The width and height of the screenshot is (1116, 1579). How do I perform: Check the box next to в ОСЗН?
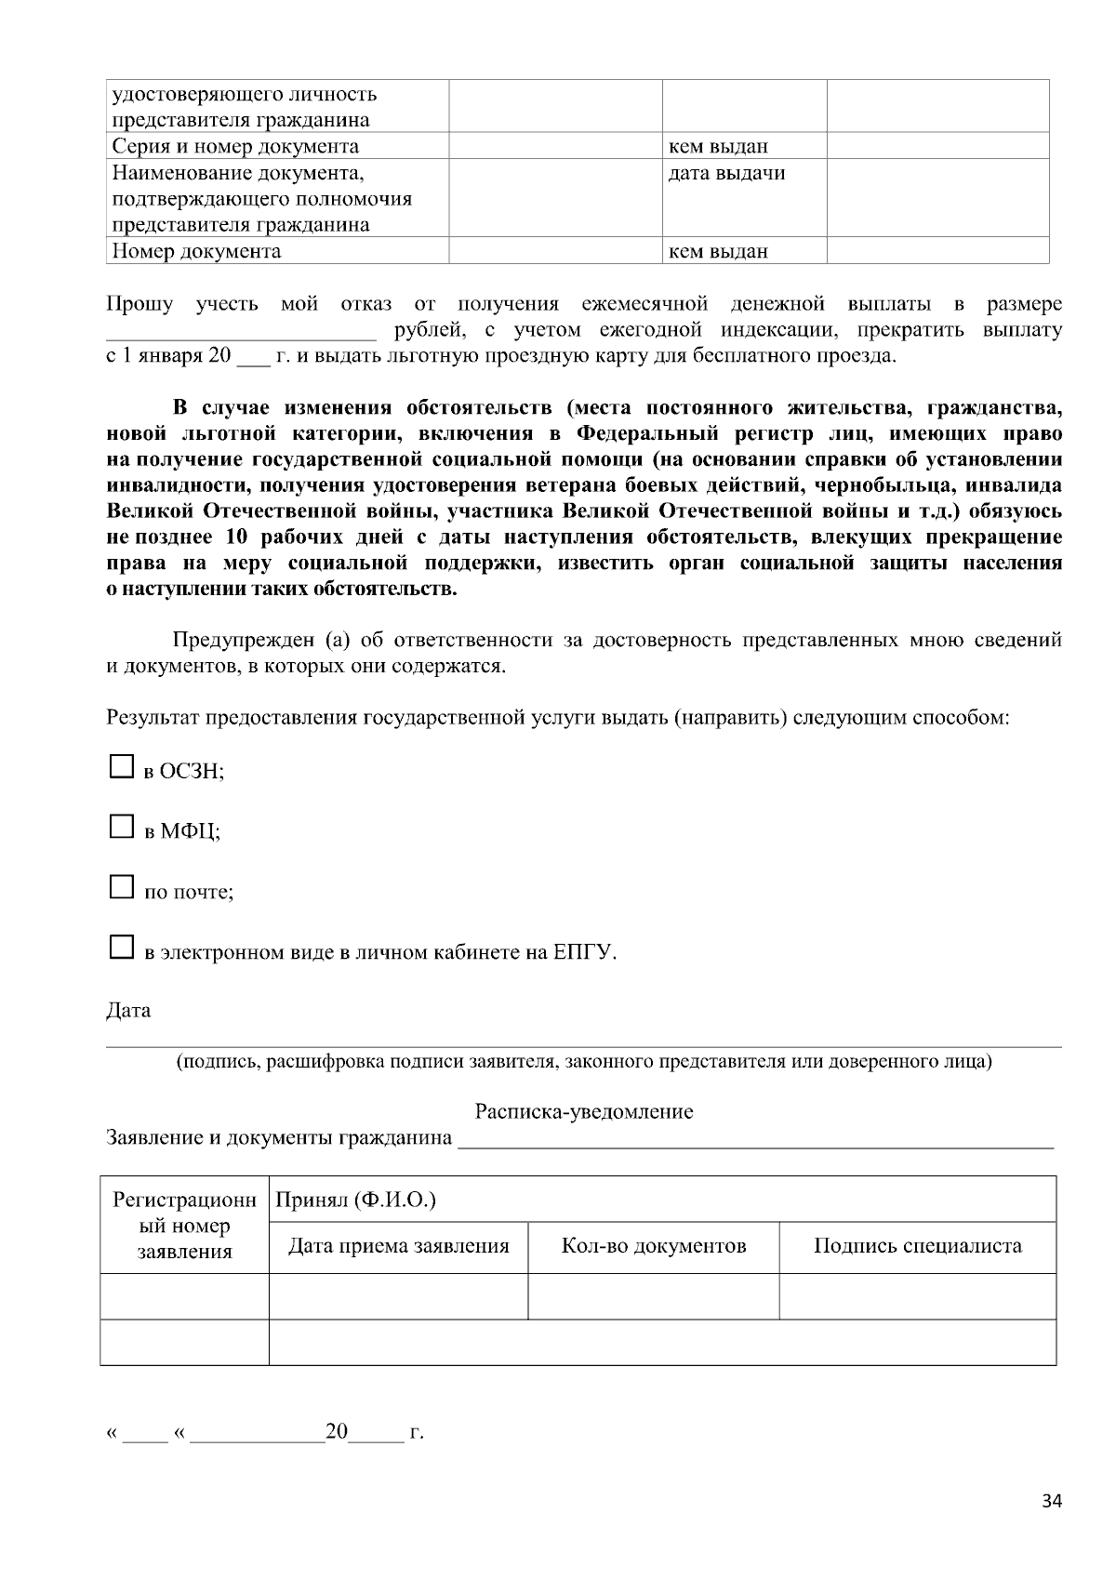pos(122,766)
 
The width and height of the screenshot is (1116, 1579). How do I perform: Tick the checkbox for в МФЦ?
pos(122,827)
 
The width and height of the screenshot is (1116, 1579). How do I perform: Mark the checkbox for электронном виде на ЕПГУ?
pos(122,948)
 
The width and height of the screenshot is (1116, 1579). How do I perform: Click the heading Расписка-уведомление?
pos(583,1111)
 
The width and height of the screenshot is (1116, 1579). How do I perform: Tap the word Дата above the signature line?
pos(128,1010)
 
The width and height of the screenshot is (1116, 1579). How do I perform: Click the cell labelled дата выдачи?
pos(726,173)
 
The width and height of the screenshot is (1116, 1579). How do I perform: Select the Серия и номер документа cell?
pos(234,146)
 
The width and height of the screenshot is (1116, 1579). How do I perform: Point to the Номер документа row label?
pos(196,251)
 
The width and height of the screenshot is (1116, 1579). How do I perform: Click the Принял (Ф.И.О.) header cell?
pos(355,1200)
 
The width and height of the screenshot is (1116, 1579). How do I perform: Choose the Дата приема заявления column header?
pos(398,1246)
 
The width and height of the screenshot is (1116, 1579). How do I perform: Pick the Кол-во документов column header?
pos(653,1246)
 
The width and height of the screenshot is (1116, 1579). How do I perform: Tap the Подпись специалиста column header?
pos(917,1246)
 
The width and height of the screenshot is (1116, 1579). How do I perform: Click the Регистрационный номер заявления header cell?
pos(184,1225)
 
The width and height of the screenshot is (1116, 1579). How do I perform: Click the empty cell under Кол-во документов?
pos(653,1295)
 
